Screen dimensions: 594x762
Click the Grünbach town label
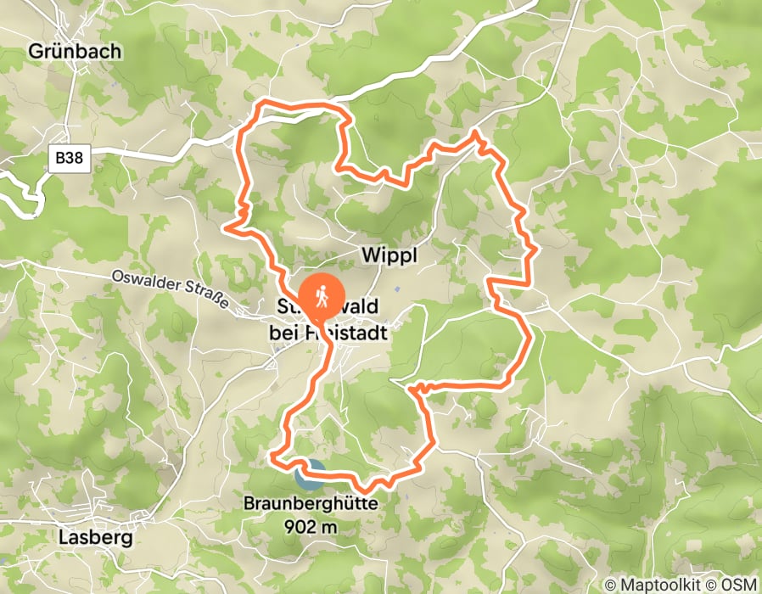pos(75,51)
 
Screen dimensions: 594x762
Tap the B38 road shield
pos(70,159)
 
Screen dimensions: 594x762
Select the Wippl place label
pos(390,255)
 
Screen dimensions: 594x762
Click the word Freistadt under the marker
pos(351,333)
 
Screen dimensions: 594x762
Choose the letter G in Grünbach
pos(36,52)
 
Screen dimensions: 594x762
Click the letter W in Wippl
pos(369,255)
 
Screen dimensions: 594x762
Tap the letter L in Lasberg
pos(63,536)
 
